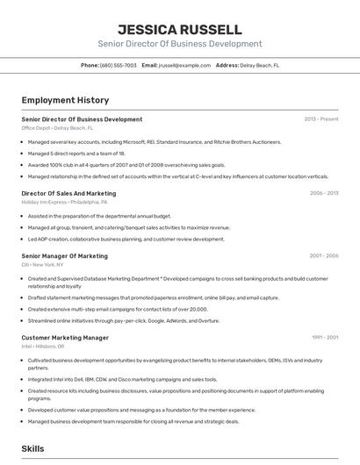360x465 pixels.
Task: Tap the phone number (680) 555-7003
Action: [119, 65]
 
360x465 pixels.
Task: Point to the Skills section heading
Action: [32, 448]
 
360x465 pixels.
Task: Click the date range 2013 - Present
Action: [320, 119]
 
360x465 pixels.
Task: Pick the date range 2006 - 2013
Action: [323, 193]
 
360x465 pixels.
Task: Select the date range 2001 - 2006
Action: [323, 256]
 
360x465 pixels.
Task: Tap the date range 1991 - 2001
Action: [324, 337]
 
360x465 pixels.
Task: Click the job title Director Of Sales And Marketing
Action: [68, 193]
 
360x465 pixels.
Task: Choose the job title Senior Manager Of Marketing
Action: [64, 256]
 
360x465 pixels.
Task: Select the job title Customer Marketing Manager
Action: [65, 337]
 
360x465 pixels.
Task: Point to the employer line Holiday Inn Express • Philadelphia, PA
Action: [64, 202]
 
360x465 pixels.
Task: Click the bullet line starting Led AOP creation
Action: [126, 239]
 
